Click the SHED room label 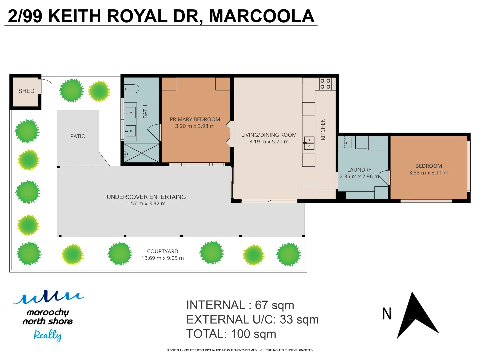point(26,91)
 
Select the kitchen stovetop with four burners point(325,84)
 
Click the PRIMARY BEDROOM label point(195,119)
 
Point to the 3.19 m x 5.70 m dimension point(269,142)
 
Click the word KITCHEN point(323,129)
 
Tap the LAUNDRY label point(359,170)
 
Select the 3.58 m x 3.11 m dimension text point(428,173)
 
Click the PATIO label point(78,136)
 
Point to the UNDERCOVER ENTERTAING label point(146,197)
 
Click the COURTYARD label point(162,251)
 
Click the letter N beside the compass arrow point(387,314)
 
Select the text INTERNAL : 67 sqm point(240,305)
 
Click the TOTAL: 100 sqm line point(231,334)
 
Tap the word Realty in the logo point(47,335)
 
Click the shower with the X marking point(142,153)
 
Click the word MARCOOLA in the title point(261,16)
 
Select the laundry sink point(346,143)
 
